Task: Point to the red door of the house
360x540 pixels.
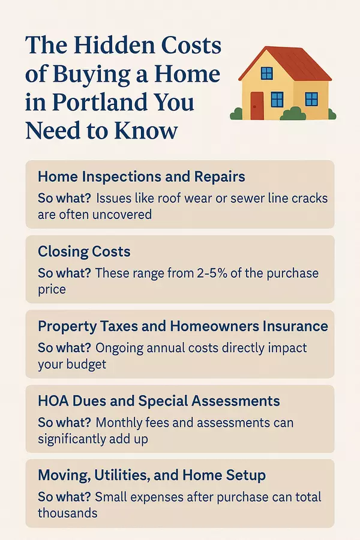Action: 257,106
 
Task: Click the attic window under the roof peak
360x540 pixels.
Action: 266,73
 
